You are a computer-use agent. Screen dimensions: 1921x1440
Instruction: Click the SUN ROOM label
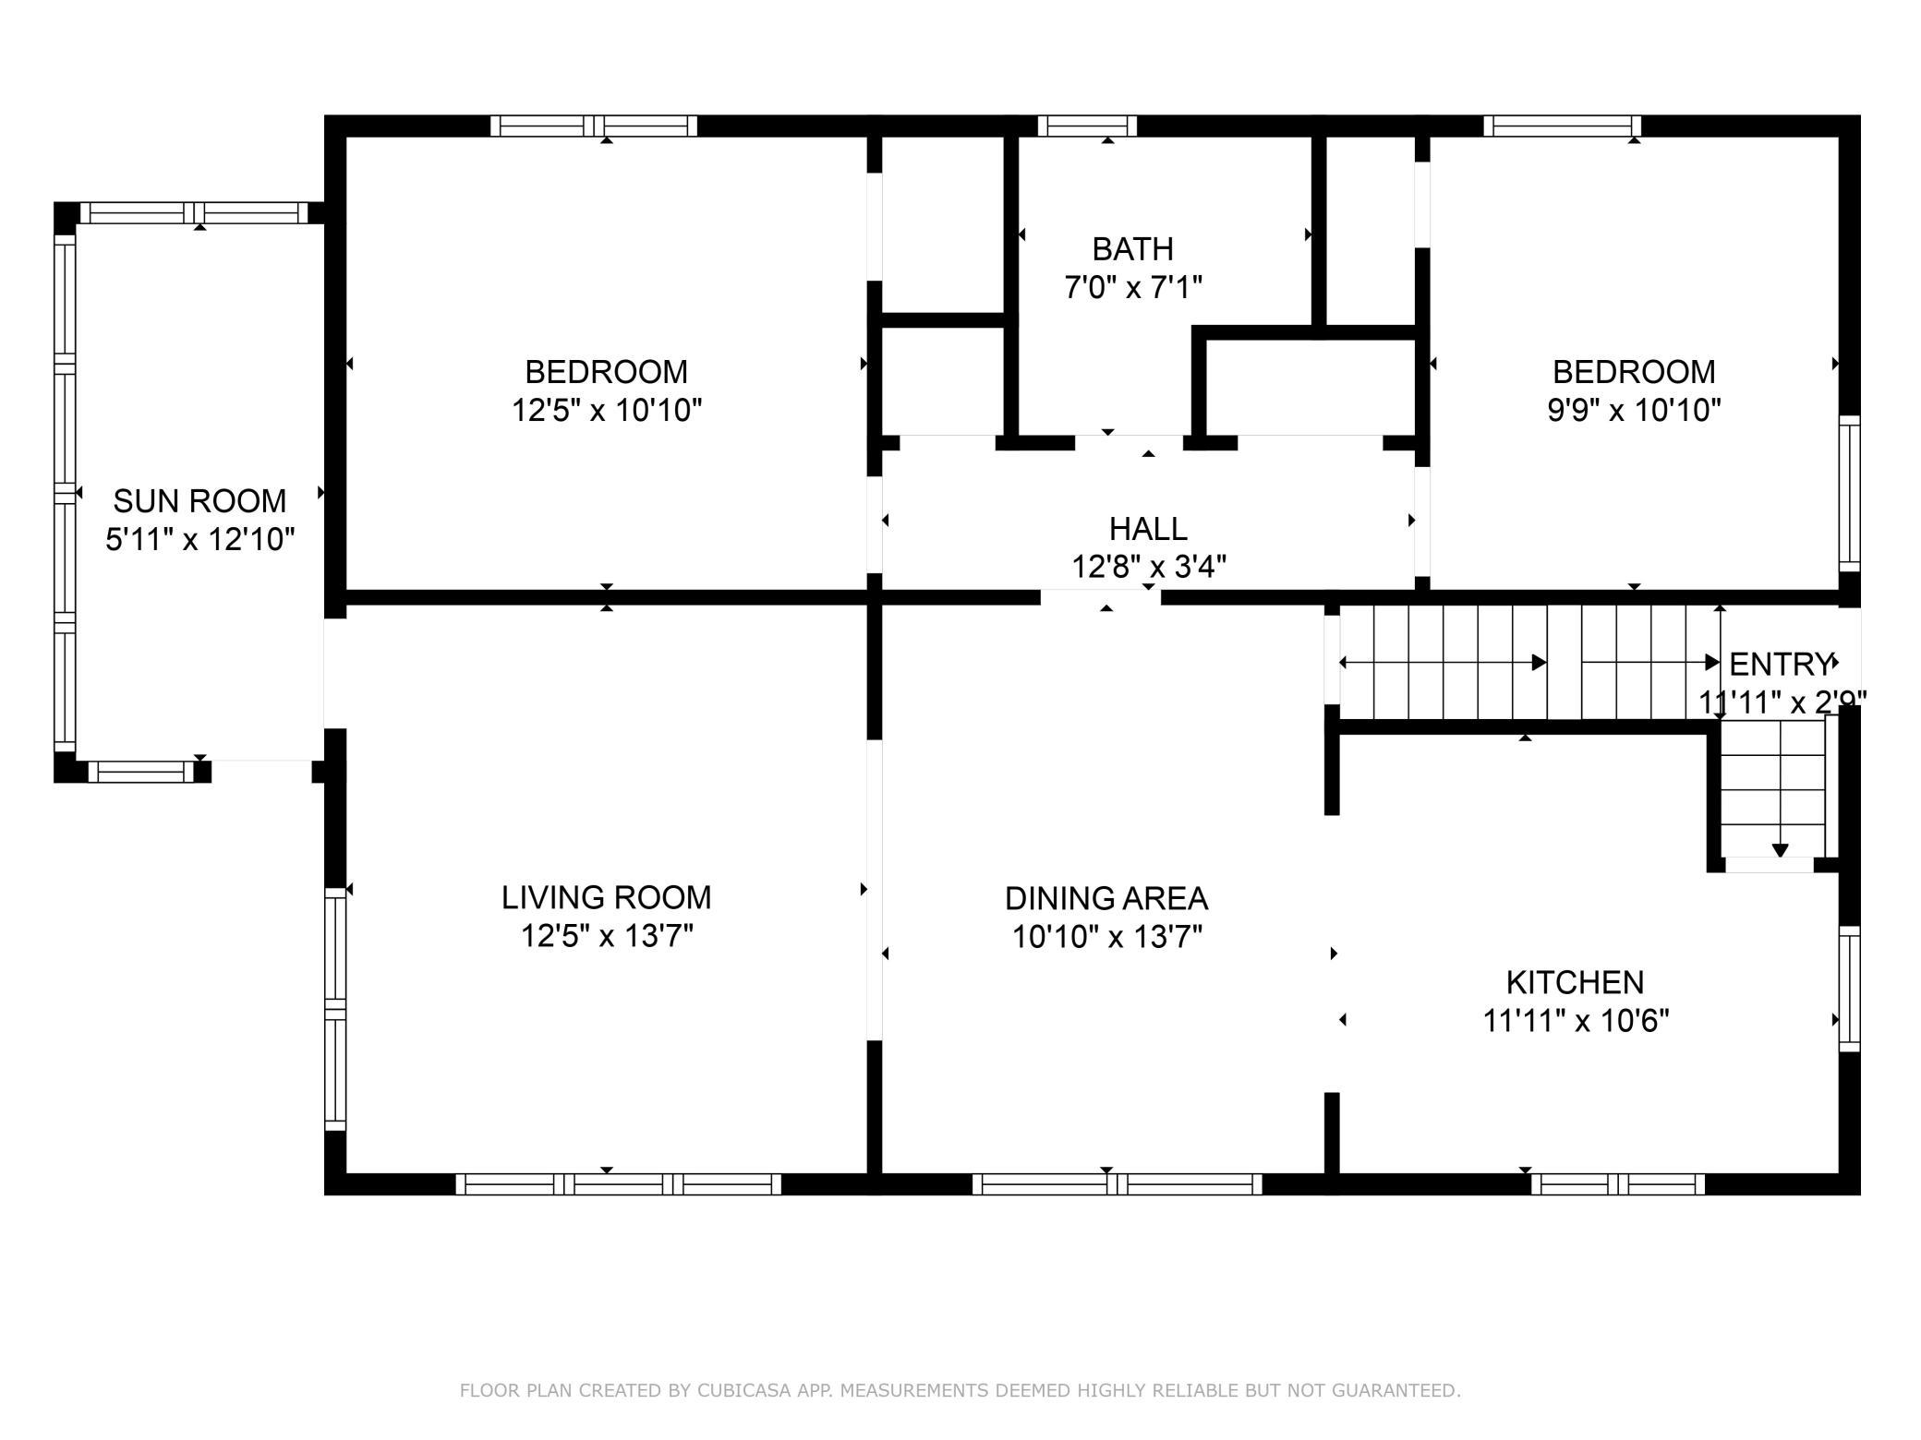(x=199, y=501)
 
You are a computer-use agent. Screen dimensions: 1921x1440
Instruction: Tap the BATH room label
(x=1132, y=249)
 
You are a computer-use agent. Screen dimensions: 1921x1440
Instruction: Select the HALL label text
(x=1148, y=529)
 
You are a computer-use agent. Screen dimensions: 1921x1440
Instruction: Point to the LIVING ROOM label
(x=607, y=897)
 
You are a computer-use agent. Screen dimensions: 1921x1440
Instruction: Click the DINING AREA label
(x=1106, y=898)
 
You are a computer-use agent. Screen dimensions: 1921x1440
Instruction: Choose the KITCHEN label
(x=1576, y=982)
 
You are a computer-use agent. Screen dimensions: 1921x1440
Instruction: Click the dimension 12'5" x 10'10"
(x=607, y=410)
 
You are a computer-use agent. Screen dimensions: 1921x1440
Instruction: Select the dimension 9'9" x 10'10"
(x=1634, y=410)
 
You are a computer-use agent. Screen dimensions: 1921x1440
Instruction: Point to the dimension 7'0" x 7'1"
(x=1133, y=288)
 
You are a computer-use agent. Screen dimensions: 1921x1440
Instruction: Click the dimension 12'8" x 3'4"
(x=1149, y=567)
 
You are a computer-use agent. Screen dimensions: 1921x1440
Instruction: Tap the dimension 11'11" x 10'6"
(x=1576, y=1021)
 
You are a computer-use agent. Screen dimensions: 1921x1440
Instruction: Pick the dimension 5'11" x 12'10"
(x=199, y=539)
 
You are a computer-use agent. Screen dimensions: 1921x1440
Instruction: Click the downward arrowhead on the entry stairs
(x=1780, y=851)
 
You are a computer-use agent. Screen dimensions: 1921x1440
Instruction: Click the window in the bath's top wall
(x=1087, y=126)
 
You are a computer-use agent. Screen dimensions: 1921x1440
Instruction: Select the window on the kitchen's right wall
(x=1849, y=988)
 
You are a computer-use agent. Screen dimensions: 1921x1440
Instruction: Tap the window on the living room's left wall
(x=334, y=1008)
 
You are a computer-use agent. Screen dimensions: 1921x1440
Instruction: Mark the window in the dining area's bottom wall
(x=1117, y=1184)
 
